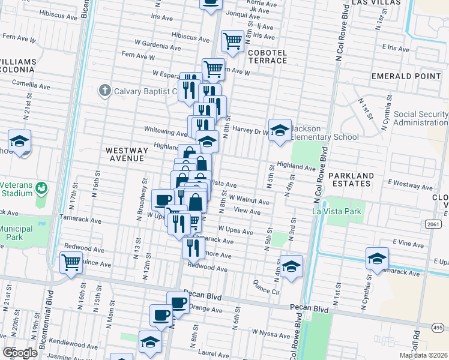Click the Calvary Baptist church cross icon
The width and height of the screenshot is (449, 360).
click(x=104, y=91)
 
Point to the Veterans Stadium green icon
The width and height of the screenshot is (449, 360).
click(x=41, y=188)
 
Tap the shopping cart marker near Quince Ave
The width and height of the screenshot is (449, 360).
click(x=71, y=262)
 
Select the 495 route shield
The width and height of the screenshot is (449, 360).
click(x=439, y=327)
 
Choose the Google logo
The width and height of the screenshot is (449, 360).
click(x=20, y=353)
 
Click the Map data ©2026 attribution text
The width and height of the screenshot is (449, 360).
click(x=426, y=356)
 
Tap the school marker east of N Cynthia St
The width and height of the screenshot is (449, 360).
click(x=376, y=259)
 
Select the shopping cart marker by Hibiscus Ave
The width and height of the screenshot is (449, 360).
click(x=232, y=41)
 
